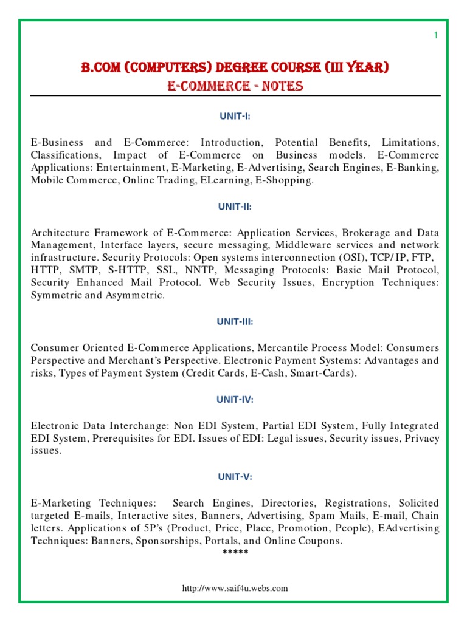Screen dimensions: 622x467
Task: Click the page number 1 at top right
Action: pyautogui.click(x=435, y=36)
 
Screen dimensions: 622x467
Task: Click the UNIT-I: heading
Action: pyautogui.click(x=235, y=117)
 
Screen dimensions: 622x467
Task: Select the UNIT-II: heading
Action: pyautogui.click(x=235, y=207)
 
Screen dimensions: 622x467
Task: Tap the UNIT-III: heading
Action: pyautogui.click(x=235, y=321)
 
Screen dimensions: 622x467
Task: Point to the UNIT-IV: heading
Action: pyautogui.click(x=235, y=400)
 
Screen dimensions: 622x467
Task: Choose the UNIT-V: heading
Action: pyautogui.click(x=235, y=477)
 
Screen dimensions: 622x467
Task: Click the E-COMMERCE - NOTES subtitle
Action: pyautogui.click(x=235, y=86)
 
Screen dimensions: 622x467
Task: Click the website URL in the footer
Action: pyautogui.click(x=235, y=588)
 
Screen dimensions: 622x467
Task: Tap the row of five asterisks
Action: pyautogui.click(x=235, y=553)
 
